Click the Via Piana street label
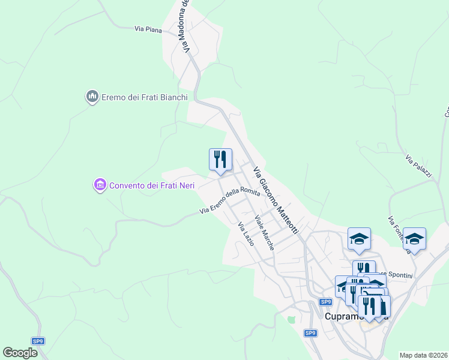point(147,28)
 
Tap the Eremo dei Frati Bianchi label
point(144,97)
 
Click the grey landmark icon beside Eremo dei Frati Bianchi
point(92,96)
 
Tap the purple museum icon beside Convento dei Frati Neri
point(100,185)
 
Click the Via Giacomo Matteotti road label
point(276,200)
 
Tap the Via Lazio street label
point(246,234)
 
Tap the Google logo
point(20,353)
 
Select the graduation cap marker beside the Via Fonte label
point(414,239)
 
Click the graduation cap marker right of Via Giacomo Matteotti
point(359,239)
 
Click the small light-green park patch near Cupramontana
point(292,319)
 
